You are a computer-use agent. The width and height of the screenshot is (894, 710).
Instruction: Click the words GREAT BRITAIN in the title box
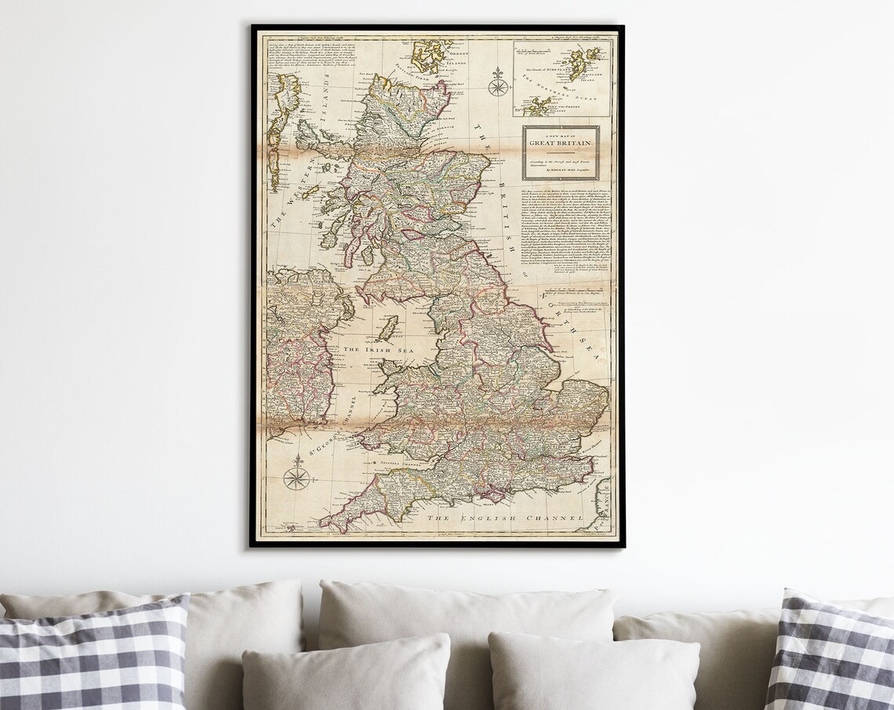click(x=561, y=144)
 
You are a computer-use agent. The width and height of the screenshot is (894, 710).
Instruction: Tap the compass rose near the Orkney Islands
click(x=497, y=83)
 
